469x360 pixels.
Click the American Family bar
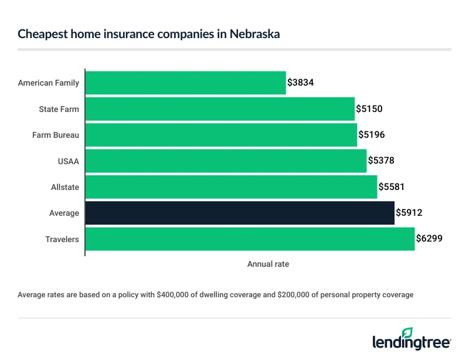(185, 83)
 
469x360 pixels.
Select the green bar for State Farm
(220, 109)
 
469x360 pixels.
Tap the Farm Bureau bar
(221, 135)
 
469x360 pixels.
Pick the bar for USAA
(226, 161)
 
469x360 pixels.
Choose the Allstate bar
(231, 187)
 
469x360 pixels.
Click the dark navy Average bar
(240, 213)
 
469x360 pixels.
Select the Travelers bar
(250, 239)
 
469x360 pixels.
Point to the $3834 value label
(301, 83)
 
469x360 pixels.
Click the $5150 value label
(369, 109)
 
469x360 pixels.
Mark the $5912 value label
(409, 213)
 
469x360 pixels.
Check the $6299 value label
(429, 239)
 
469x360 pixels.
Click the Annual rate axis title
(268, 264)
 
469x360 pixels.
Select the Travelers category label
(62, 239)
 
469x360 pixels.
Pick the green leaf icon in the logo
(407, 332)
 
